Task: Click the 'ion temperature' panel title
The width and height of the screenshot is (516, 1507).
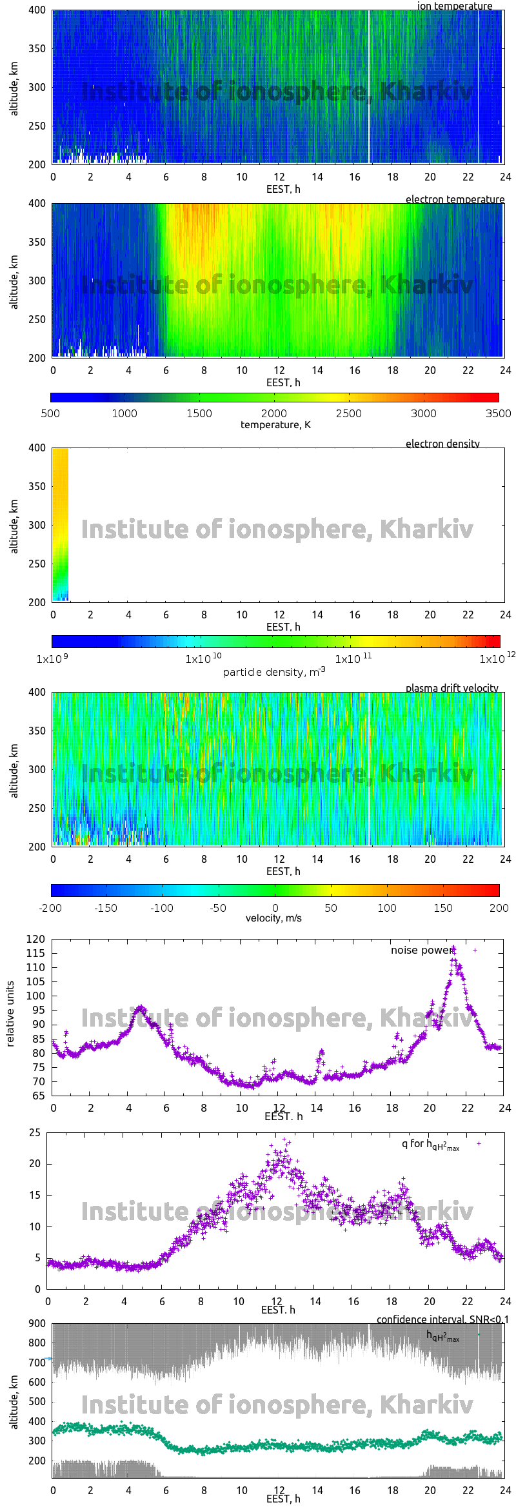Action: point(454,6)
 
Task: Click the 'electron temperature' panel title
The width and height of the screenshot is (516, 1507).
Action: point(455,199)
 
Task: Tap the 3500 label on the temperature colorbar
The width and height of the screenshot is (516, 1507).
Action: point(498,413)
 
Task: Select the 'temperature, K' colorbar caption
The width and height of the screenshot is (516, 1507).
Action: point(275,425)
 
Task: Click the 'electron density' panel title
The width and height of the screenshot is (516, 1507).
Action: point(442,444)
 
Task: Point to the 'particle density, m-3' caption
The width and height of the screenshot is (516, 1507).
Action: point(274,672)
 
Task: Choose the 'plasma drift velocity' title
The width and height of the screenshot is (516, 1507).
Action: point(451,688)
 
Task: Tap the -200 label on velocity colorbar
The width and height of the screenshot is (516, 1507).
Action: point(50,908)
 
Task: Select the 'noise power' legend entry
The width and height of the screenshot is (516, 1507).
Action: point(422,950)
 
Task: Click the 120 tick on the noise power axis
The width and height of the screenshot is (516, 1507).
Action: point(36,939)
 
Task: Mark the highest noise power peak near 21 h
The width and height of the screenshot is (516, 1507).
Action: point(453,948)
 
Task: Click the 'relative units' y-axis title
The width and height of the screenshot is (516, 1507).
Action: point(10,1013)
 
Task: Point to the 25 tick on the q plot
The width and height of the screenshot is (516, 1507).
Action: point(35,1132)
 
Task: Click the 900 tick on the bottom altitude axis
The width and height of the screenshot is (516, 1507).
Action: point(37,1323)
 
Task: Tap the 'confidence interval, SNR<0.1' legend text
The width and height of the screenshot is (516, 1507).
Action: point(442,1319)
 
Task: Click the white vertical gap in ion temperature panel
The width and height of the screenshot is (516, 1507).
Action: point(369,87)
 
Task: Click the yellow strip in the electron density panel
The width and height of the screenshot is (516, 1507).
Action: point(60,503)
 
